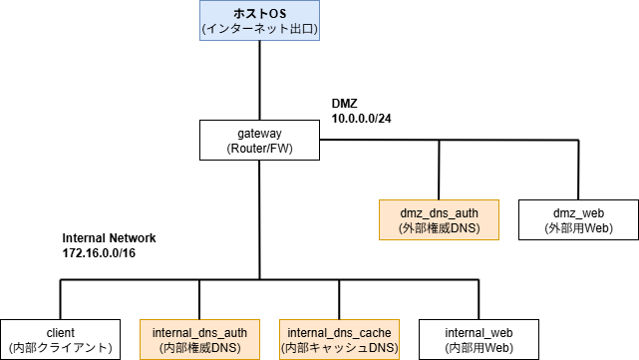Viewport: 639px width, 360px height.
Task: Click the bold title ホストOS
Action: tap(259, 12)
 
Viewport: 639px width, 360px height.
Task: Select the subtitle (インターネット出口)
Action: tap(259, 29)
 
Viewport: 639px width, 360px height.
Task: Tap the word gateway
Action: tap(259, 133)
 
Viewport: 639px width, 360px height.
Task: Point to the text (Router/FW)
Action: tap(259, 149)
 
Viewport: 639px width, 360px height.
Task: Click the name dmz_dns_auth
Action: tap(439, 212)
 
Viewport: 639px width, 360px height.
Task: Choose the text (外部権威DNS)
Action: tap(439, 228)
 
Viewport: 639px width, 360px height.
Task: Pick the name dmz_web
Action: tap(578, 212)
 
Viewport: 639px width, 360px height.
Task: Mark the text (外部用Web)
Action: tap(578, 228)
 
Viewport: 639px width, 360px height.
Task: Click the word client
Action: tap(60, 332)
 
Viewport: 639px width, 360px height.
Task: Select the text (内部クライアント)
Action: tap(60, 348)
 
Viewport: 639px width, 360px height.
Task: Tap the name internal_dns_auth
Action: tap(199, 332)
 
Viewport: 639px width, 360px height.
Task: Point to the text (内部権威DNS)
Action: tap(199, 348)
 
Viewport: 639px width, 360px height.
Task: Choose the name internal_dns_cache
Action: tap(339, 332)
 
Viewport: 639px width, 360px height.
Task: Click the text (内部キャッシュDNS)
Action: tap(339, 348)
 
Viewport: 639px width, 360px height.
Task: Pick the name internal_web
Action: tap(479, 332)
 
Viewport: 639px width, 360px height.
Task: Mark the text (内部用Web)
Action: tap(479, 348)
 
